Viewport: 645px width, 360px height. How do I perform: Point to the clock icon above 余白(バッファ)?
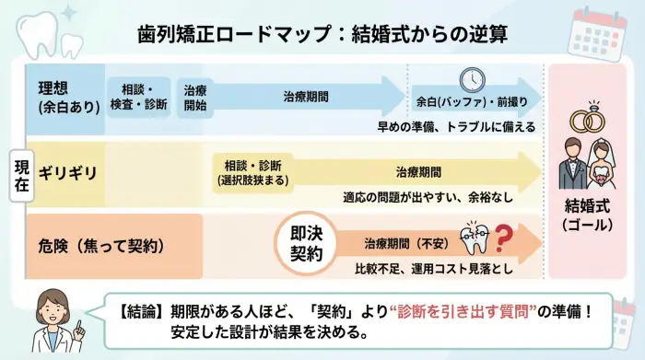[x=472, y=78]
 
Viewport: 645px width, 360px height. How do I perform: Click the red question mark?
[x=503, y=241]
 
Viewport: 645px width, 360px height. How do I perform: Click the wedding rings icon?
[x=586, y=121]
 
